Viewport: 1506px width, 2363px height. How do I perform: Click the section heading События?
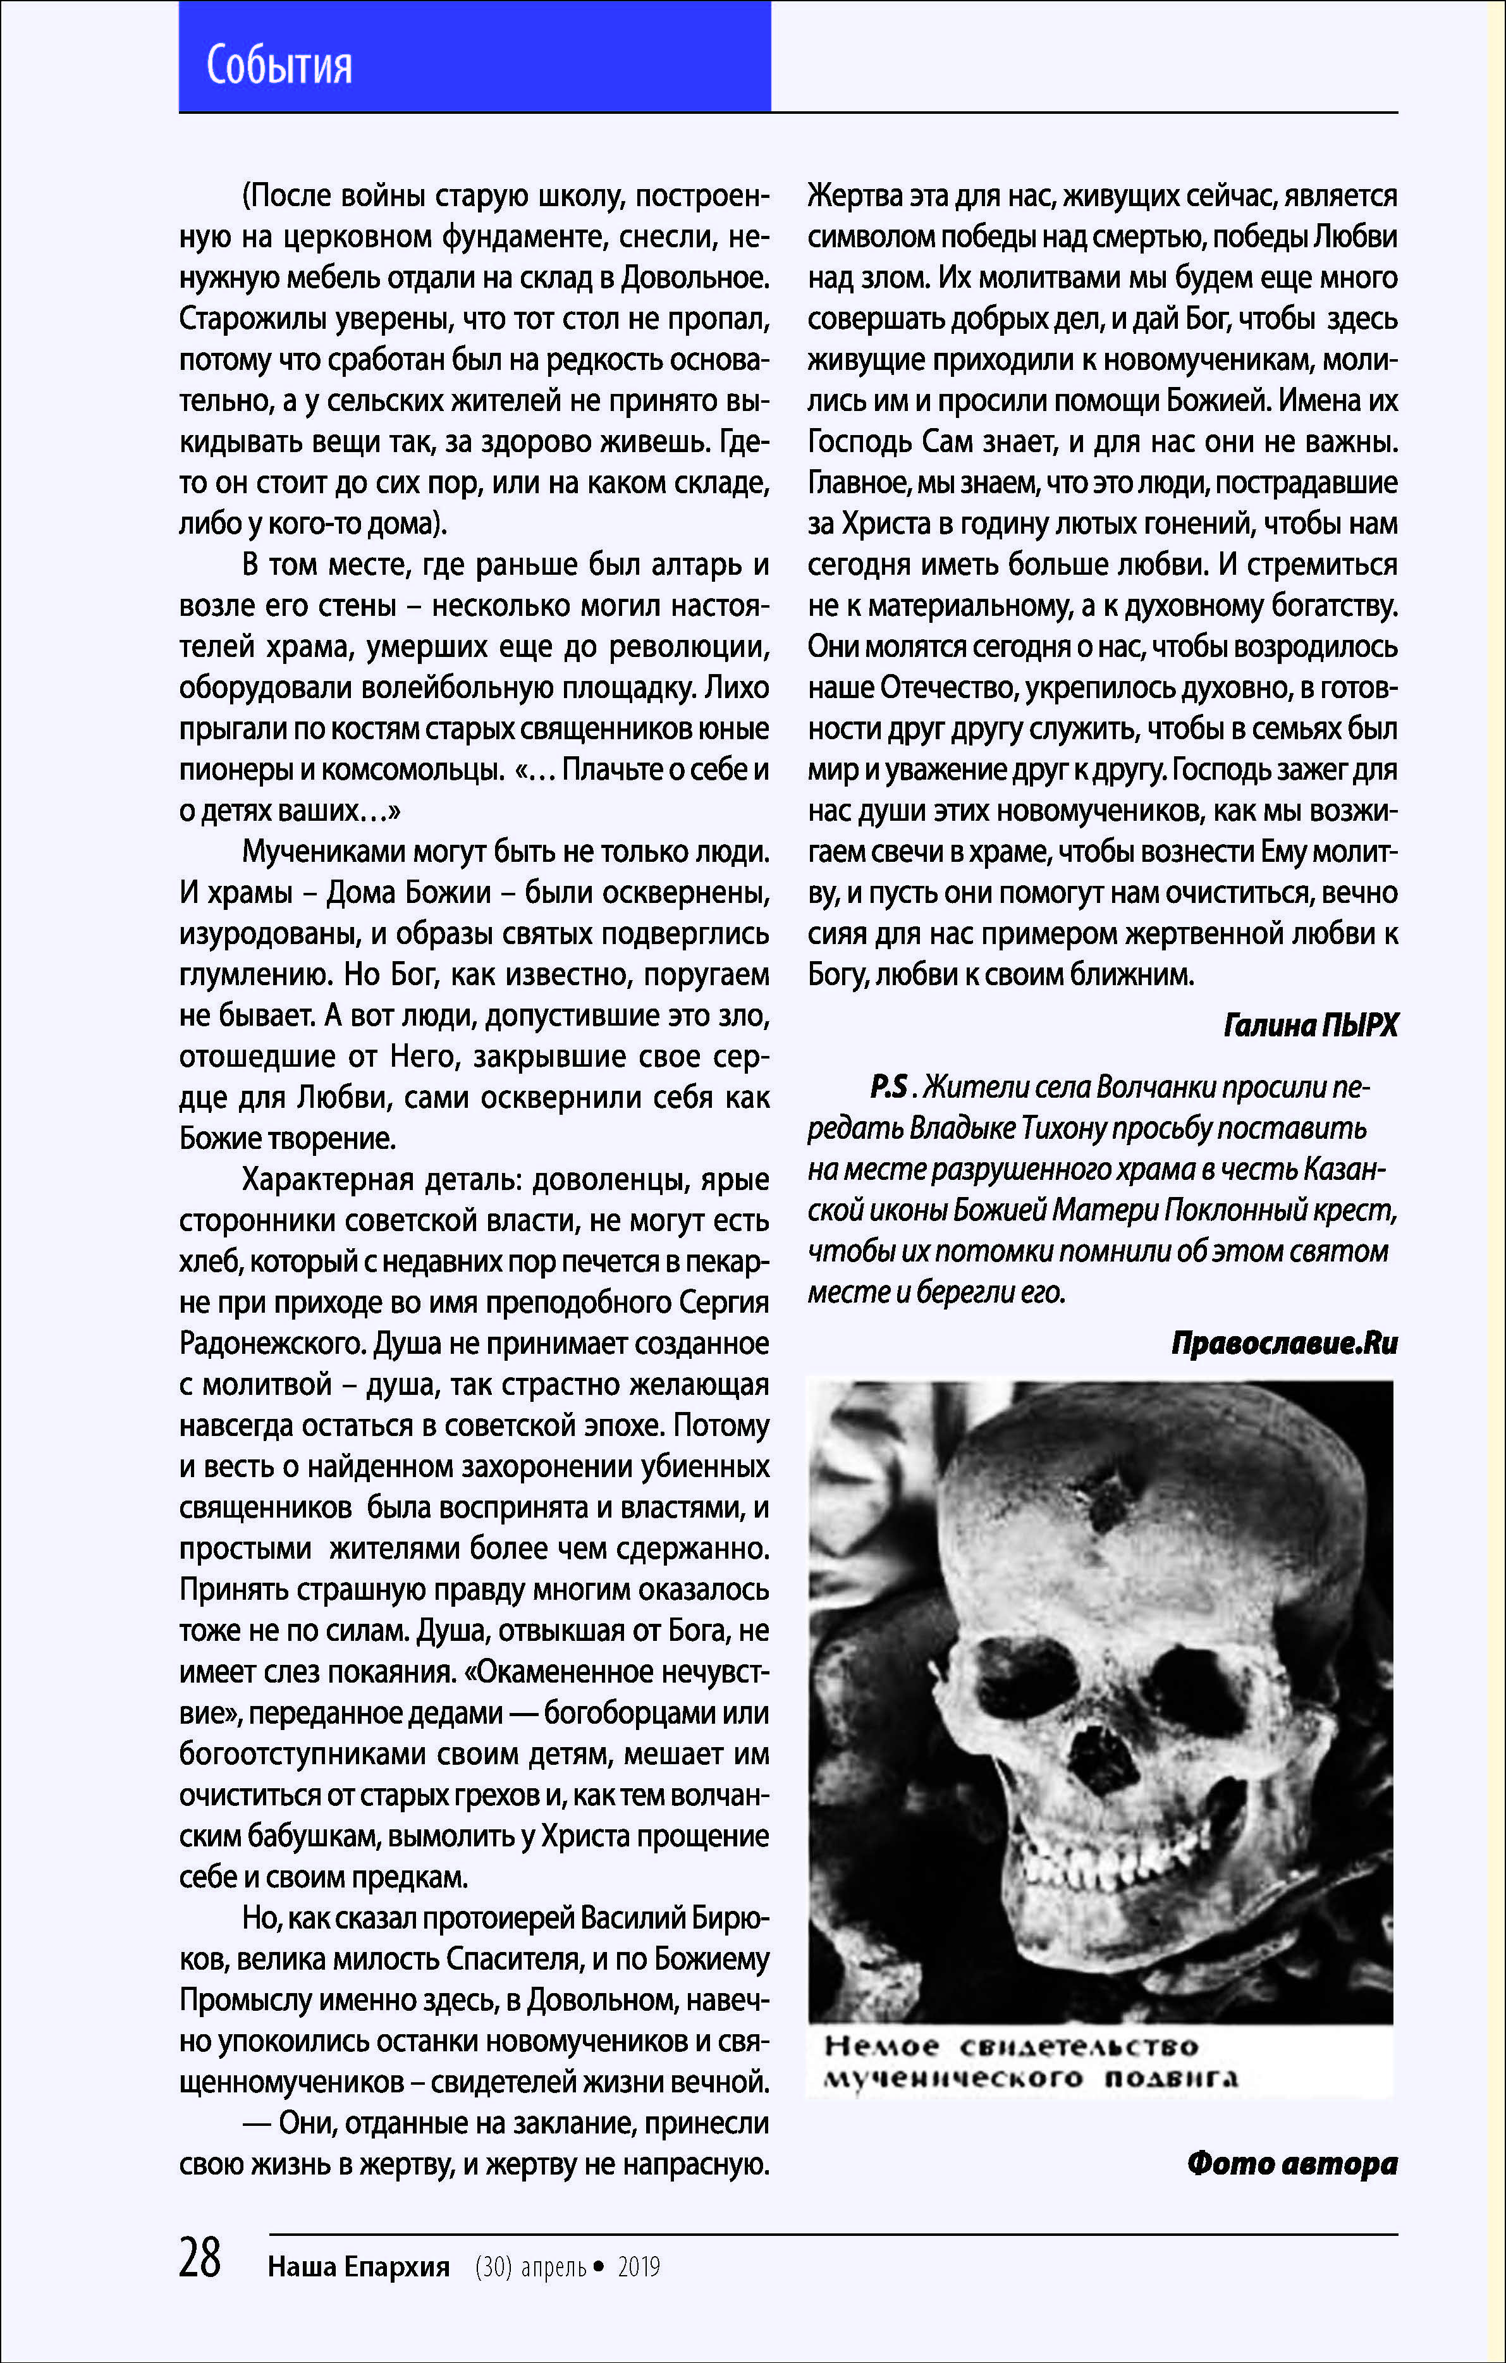279,66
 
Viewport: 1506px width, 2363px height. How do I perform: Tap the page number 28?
200,2257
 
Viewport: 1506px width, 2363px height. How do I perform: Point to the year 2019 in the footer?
639,2267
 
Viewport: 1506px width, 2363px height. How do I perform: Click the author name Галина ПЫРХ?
1310,1026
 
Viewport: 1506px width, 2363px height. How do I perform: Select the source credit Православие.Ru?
1284,1342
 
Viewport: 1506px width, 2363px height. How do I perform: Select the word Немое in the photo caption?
882,2046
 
